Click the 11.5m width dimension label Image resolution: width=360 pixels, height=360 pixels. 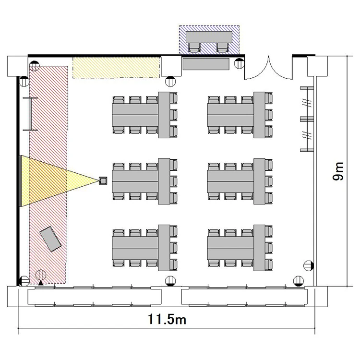tap(167, 319)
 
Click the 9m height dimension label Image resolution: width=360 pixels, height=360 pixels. tap(338, 171)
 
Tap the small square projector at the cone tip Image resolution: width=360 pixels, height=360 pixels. tap(103, 180)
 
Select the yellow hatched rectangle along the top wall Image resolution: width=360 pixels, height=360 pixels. tap(116, 68)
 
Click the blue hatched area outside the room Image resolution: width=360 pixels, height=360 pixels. tap(209, 40)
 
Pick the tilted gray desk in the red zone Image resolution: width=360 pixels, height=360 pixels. tap(50, 239)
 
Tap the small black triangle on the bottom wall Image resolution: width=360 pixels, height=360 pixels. tap(41, 283)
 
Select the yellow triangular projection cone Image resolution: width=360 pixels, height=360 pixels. tap(60, 181)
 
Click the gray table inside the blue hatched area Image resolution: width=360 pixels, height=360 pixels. tap(209, 37)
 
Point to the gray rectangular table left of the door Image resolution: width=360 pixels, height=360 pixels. tap(206, 64)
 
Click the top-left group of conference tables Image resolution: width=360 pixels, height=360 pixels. tap(145, 115)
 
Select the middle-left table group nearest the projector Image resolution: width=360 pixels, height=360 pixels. tap(145, 181)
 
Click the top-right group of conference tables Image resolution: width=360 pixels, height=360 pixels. tap(240, 115)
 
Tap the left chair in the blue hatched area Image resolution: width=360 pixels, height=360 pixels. tap(194, 48)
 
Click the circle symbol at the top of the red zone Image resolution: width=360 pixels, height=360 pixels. tap(34, 66)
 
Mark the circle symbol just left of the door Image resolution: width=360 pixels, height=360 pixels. tap(239, 63)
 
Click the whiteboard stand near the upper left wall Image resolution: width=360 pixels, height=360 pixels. tap(30, 114)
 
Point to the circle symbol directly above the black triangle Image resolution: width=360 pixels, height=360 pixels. tap(41, 275)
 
